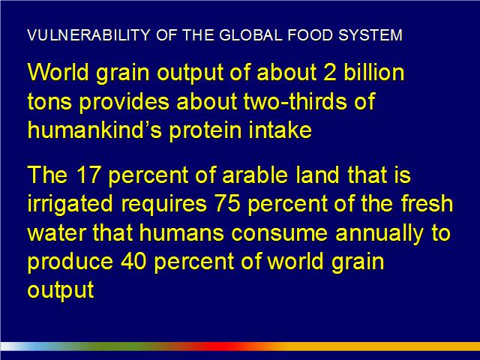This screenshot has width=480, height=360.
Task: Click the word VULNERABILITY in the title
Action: [88, 35]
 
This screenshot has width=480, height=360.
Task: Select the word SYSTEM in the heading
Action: [370, 35]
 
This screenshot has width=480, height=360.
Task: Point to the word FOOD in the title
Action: [310, 35]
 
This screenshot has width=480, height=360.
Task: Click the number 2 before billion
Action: [330, 73]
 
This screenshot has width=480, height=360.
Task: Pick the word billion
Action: [373, 72]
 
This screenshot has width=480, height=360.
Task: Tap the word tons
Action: [49, 102]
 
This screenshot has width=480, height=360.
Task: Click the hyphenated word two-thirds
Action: [295, 101]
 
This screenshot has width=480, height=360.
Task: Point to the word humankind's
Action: [94, 130]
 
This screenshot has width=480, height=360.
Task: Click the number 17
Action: [88, 175]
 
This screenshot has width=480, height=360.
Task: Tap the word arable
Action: [255, 174]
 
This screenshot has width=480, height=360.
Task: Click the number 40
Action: [133, 261]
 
